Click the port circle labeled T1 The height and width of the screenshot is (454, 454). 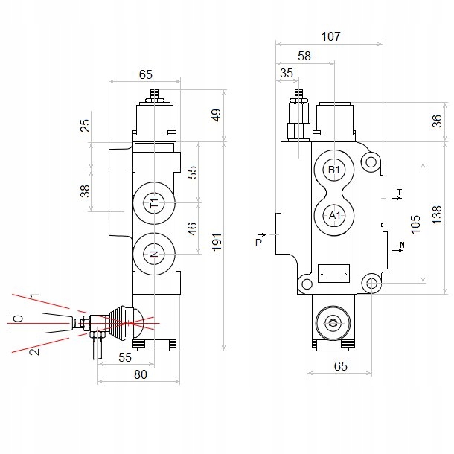[x=154, y=202]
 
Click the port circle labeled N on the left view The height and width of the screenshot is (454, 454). [x=154, y=254]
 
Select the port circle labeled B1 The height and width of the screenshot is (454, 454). [x=334, y=170]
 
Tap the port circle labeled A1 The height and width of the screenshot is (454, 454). [x=334, y=215]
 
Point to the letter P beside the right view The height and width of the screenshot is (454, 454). [x=259, y=242]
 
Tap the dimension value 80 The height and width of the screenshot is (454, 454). [x=139, y=374]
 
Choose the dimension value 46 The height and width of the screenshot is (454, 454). [x=191, y=228]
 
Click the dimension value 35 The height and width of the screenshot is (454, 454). [x=287, y=73]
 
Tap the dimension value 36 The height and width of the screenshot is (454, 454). [x=438, y=121]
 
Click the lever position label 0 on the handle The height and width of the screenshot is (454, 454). [x=19, y=319]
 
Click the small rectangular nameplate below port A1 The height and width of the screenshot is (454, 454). [x=333, y=273]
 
